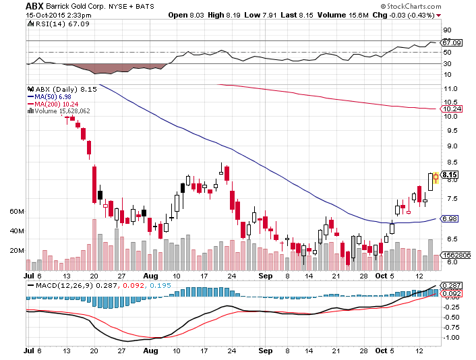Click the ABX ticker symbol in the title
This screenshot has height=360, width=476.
[x=34, y=6]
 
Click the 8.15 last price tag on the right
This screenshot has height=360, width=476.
[x=449, y=175]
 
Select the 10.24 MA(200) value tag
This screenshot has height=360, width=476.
[x=451, y=109]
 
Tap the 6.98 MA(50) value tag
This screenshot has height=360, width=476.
[x=449, y=219]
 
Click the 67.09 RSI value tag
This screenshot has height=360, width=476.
[x=452, y=42]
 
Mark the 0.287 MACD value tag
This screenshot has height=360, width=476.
[x=452, y=286]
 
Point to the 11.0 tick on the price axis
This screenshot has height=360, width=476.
[x=450, y=89]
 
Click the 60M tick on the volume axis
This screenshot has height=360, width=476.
[x=17, y=212]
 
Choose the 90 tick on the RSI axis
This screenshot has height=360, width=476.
[x=447, y=30]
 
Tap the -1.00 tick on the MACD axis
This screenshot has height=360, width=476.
[x=451, y=338]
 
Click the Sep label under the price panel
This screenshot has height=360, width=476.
[x=266, y=276]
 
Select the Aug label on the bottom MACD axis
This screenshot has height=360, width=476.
[x=150, y=351]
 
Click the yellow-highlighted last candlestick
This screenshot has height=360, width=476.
[x=436, y=177]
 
